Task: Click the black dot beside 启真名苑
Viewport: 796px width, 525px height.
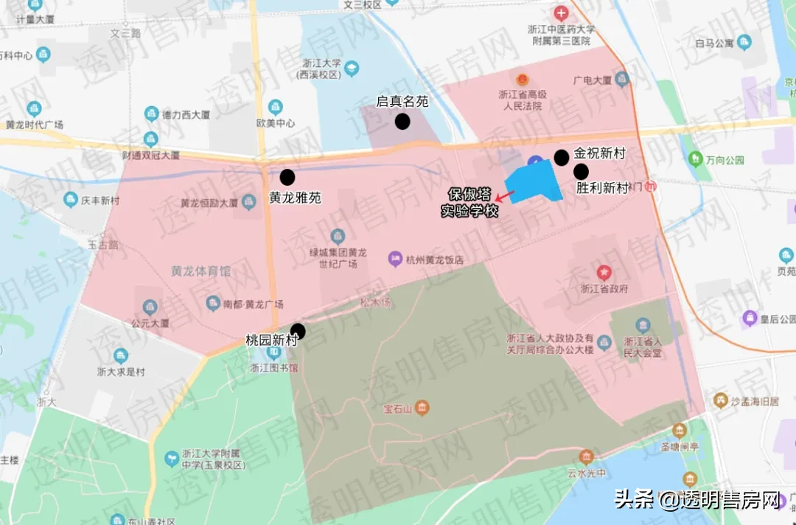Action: click(402, 122)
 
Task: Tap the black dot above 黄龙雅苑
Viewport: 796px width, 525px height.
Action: click(287, 177)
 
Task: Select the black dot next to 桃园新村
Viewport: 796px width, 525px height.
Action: click(298, 331)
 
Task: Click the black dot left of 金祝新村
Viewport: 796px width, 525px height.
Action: click(562, 156)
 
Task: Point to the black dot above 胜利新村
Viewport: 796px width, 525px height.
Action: click(582, 171)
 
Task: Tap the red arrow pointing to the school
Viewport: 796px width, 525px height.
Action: click(505, 195)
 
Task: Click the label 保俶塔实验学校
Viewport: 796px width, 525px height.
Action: click(469, 203)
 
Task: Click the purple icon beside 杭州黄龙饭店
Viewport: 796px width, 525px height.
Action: click(395, 260)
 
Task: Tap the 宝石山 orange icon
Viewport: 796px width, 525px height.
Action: click(422, 408)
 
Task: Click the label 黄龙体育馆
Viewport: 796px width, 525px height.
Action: click(200, 271)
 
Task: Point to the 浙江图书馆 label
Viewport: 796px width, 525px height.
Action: click(273, 368)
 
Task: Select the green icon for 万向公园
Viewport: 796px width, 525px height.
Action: click(694, 159)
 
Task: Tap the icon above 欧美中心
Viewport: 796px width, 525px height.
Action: click(275, 108)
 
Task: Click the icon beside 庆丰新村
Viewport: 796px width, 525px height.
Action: click(71, 199)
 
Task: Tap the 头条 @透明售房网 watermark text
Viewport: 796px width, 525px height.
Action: click(697, 501)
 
